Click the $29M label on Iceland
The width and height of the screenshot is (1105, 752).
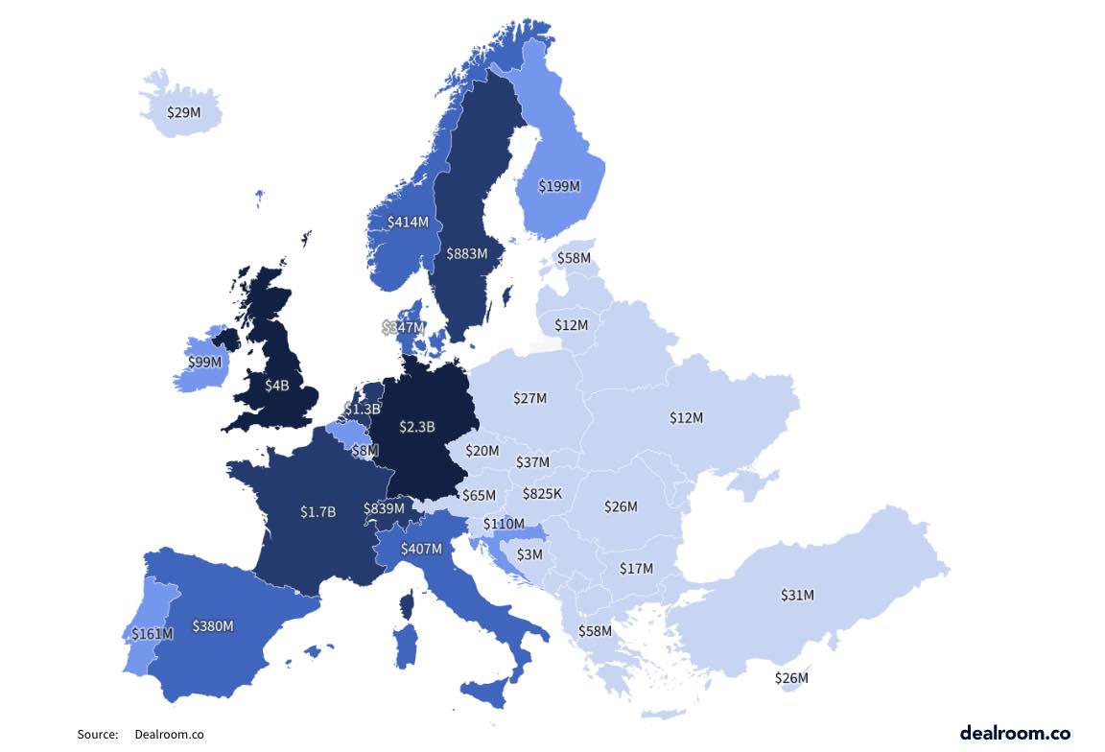coord(183,112)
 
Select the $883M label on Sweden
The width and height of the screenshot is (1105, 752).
coord(467,254)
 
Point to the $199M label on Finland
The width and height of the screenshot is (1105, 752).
coord(559,186)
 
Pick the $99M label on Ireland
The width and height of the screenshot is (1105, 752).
coord(204,362)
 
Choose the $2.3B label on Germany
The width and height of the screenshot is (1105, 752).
coord(416,426)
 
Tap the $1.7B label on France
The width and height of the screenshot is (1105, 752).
coord(317,511)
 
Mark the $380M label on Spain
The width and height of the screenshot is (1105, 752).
coord(213,625)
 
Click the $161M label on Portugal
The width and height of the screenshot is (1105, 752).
coord(153,633)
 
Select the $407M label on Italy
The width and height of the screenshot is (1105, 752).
coord(421,549)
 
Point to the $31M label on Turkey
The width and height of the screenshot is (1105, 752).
coord(796,595)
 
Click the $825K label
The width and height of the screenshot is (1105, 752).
coord(542,494)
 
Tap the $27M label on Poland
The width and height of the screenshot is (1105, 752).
coord(529,397)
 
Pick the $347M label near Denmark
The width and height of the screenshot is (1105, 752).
coord(403,327)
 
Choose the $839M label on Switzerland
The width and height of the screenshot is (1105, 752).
coord(384,508)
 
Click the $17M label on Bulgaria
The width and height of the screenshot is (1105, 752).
coord(635,568)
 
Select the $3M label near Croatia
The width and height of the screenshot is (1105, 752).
coord(529,554)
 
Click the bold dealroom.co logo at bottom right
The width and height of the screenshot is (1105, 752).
coord(1015,732)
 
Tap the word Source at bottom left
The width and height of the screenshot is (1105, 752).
coord(97,735)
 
